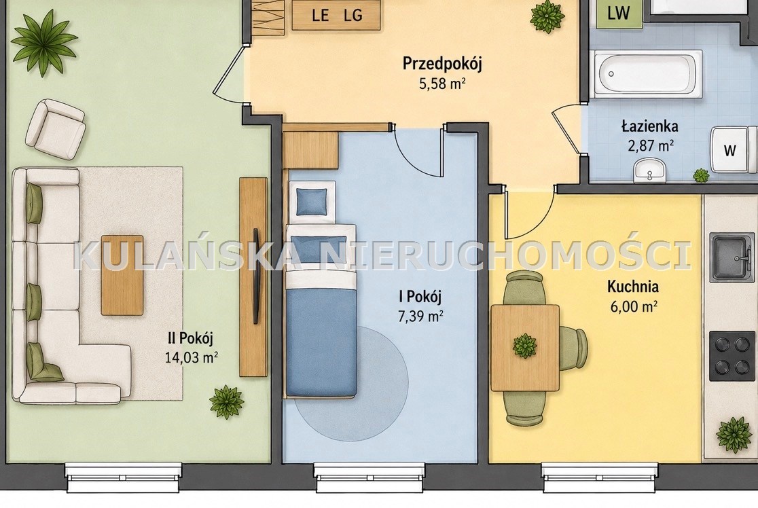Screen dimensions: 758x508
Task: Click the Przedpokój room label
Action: pyautogui.click(x=442, y=64)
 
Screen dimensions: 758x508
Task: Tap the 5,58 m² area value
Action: pyautogui.click(x=442, y=84)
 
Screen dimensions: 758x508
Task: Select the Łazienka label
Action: pyautogui.click(x=649, y=126)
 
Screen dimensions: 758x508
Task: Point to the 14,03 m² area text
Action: pyautogui.click(x=192, y=358)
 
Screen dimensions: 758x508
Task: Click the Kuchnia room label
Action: pyautogui.click(x=633, y=286)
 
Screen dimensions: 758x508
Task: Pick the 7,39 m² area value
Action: pyautogui.click(x=420, y=316)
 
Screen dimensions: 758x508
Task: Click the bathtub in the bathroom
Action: pyautogui.click(x=646, y=74)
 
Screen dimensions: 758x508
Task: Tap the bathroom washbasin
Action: pyautogui.click(x=650, y=171)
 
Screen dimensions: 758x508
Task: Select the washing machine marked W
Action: pyautogui.click(x=733, y=150)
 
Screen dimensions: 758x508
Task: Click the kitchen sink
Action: pyautogui.click(x=732, y=257)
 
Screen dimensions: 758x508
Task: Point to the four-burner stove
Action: pyautogui.click(x=732, y=356)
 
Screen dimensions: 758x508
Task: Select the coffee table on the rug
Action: pyautogui.click(x=122, y=275)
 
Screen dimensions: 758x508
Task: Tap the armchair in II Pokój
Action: pyautogui.click(x=55, y=128)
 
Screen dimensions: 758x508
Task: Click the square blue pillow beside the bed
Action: pyautogui.click(x=311, y=201)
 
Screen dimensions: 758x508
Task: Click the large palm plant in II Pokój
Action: pyautogui.click(x=43, y=43)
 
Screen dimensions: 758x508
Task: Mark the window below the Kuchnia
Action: pyautogui.click(x=600, y=477)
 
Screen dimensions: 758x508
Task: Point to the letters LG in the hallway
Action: pyautogui.click(x=353, y=15)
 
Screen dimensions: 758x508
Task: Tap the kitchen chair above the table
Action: pyautogui.click(x=524, y=288)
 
